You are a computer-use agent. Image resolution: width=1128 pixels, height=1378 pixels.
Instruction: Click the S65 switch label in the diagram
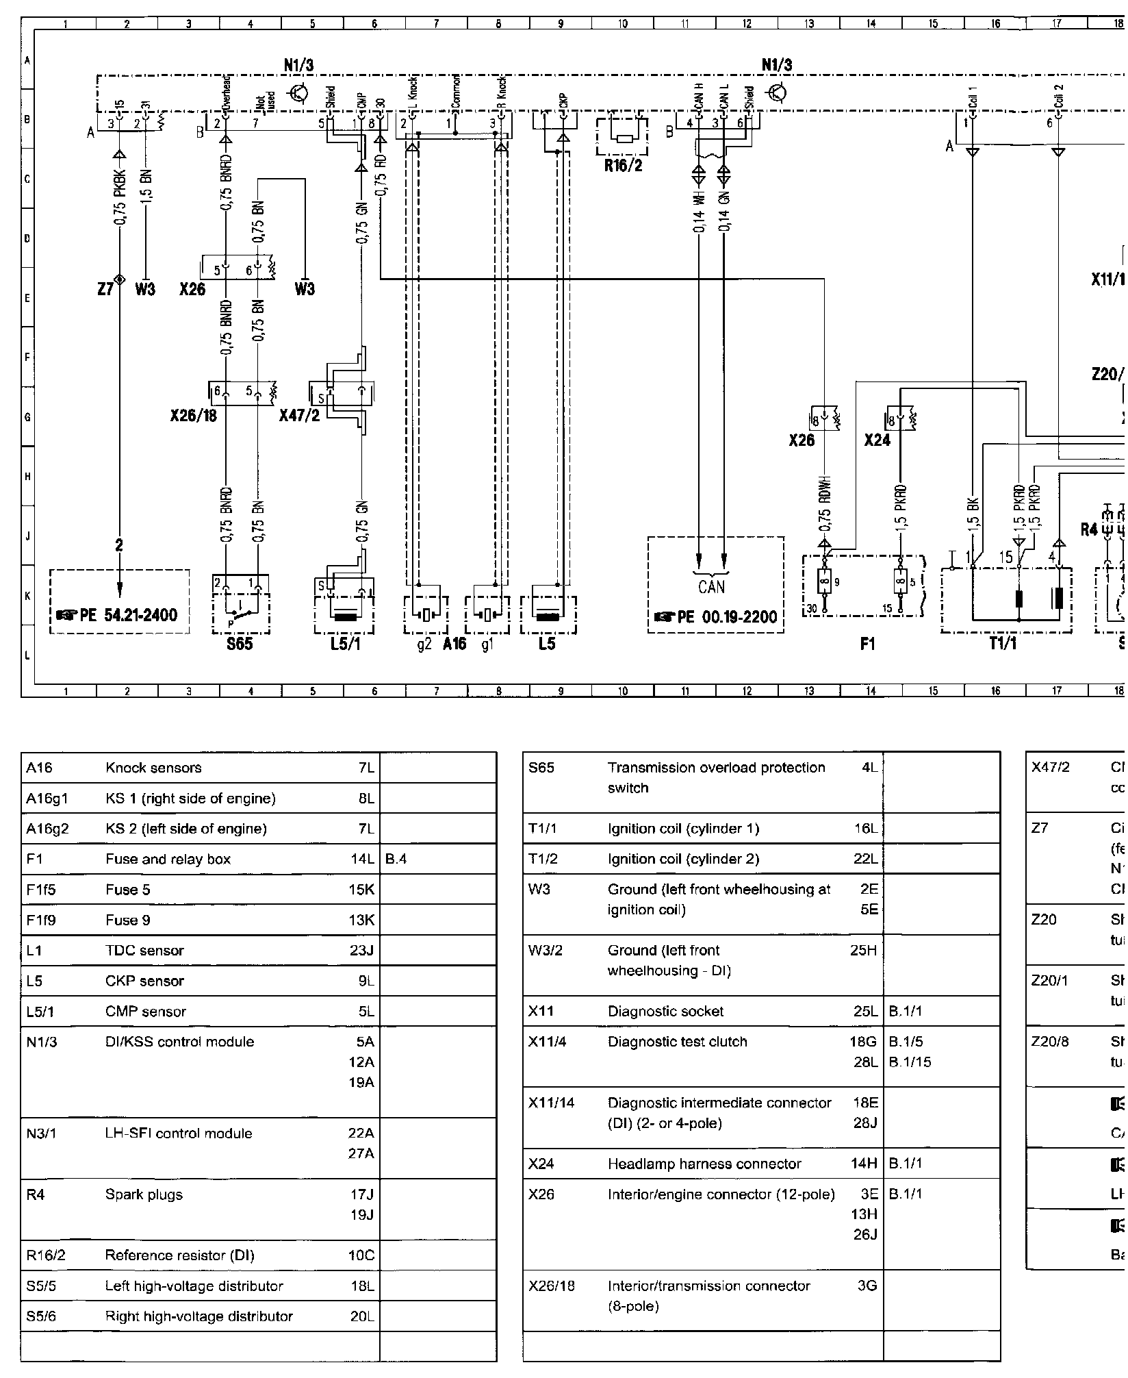pyautogui.click(x=240, y=644)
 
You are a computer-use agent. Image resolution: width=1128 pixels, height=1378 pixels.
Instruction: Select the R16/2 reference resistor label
pyautogui.click(x=623, y=165)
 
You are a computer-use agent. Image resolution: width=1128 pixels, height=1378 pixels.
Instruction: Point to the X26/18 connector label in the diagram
pyautogui.click(x=193, y=415)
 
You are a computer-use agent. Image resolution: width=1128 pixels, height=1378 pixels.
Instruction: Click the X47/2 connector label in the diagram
pyautogui.click(x=299, y=416)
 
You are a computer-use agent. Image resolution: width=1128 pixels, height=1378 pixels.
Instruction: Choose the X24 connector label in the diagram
pyautogui.click(x=877, y=440)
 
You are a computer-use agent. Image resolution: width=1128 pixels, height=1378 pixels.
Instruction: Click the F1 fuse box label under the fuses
pyautogui.click(x=867, y=644)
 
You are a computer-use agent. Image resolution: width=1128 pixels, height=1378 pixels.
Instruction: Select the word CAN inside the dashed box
pyautogui.click(x=712, y=586)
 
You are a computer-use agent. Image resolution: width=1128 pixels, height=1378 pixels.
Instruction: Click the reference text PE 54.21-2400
pyautogui.click(x=128, y=614)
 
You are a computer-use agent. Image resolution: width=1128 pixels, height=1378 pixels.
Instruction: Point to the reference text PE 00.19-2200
pyautogui.click(x=723, y=617)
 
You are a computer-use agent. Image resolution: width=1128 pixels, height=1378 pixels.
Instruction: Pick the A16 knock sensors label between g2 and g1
pyautogui.click(x=454, y=644)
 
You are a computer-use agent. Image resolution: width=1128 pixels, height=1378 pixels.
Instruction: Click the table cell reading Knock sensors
pyautogui.click(x=153, y=768)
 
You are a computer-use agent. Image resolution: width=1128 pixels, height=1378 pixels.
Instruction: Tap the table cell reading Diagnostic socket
pyautogui.click(x=665, y=1011)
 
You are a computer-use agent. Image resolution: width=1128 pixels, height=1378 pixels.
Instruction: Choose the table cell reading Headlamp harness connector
pyautogui.click(x=704, y=1164)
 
